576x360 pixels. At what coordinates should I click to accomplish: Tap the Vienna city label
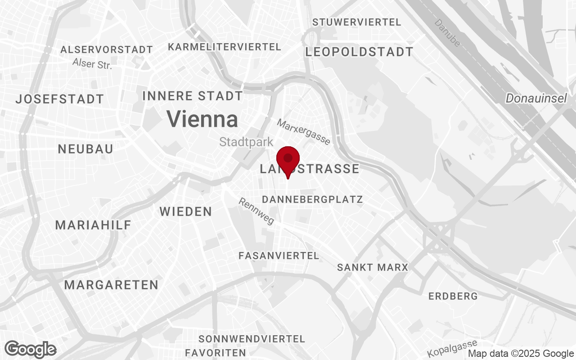[202, 119]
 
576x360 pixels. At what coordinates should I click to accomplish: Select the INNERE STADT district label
[193, 96]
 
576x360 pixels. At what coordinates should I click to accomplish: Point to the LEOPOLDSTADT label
[359, 52]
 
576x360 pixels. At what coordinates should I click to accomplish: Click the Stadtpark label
[246, 142]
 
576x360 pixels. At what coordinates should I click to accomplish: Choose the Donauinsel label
[536, 98]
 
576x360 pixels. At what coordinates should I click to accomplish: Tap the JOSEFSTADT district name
[59, 99]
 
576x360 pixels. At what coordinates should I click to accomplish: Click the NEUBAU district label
[85, 149]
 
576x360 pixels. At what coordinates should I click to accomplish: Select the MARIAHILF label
[93, 225]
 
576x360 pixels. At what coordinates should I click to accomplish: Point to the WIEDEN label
[185, 211]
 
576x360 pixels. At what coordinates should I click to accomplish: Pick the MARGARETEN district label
[111, 285]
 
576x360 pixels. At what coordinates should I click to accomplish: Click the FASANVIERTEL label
[279, 256]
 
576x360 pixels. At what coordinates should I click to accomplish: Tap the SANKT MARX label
[373, 267]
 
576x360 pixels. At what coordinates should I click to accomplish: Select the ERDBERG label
[453, 297]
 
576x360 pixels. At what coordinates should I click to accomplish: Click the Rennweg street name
[256, 211]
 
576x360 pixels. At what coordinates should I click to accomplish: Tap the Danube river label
[448, 33]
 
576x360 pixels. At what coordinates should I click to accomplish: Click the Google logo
[31, 350]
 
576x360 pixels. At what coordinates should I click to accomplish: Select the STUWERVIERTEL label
[356, 22]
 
